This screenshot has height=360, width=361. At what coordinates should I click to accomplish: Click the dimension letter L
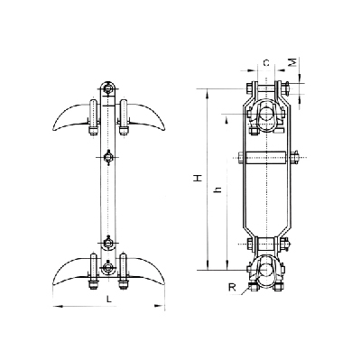pyautogui.click(x=109, y=299)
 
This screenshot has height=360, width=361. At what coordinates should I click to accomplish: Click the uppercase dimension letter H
pyautogui.click(x=198, y=178)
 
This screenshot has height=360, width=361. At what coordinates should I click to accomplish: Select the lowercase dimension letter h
pyautogui.click(x=218, y=189)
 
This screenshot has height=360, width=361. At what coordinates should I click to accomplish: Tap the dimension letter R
pyautogui.click(x=232, y=288)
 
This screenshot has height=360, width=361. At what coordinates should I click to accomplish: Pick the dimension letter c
pyautogui.click(x=266, y=63)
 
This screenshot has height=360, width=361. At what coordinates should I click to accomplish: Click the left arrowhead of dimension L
pyautogui.click(x=58, y=306)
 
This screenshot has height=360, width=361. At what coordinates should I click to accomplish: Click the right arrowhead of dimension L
pyautogui.click(x=160, y=306)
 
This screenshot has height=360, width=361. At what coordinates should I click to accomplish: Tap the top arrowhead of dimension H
pyautogui.click(x=207, y=95)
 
